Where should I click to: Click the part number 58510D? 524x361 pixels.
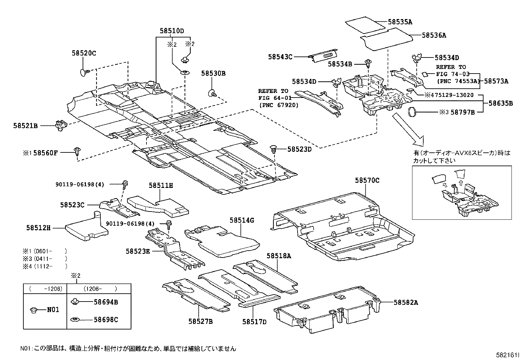(x=171, y=31)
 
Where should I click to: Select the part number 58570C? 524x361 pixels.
(x=367, y=180)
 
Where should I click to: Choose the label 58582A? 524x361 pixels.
(x=406, y=303)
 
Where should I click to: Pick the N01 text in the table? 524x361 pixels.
(x=53, y=309)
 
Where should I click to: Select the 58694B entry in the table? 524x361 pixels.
(x=106, y=302)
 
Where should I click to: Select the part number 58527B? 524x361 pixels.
(x=200, y=322)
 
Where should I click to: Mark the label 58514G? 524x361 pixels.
(x=242, y=220)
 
